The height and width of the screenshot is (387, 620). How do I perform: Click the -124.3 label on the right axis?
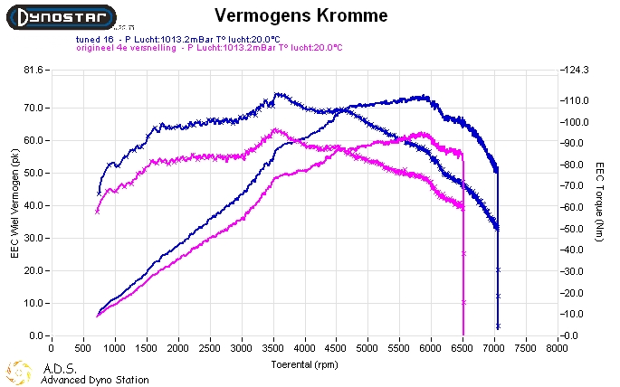[577, 71]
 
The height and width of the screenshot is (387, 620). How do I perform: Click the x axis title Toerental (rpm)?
[304, 365]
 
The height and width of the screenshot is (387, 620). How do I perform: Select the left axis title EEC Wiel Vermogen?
[14, 204]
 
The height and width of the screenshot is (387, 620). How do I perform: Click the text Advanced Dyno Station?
[95, 380]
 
